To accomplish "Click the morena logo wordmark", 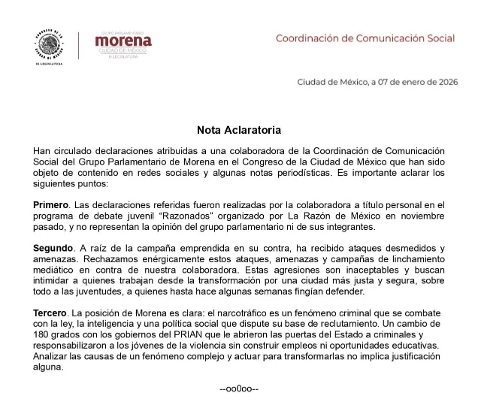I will pos(123,41).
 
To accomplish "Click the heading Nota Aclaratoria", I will pos(239,129).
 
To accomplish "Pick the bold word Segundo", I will pos(53,248).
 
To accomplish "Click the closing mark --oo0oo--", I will pos(239,390).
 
